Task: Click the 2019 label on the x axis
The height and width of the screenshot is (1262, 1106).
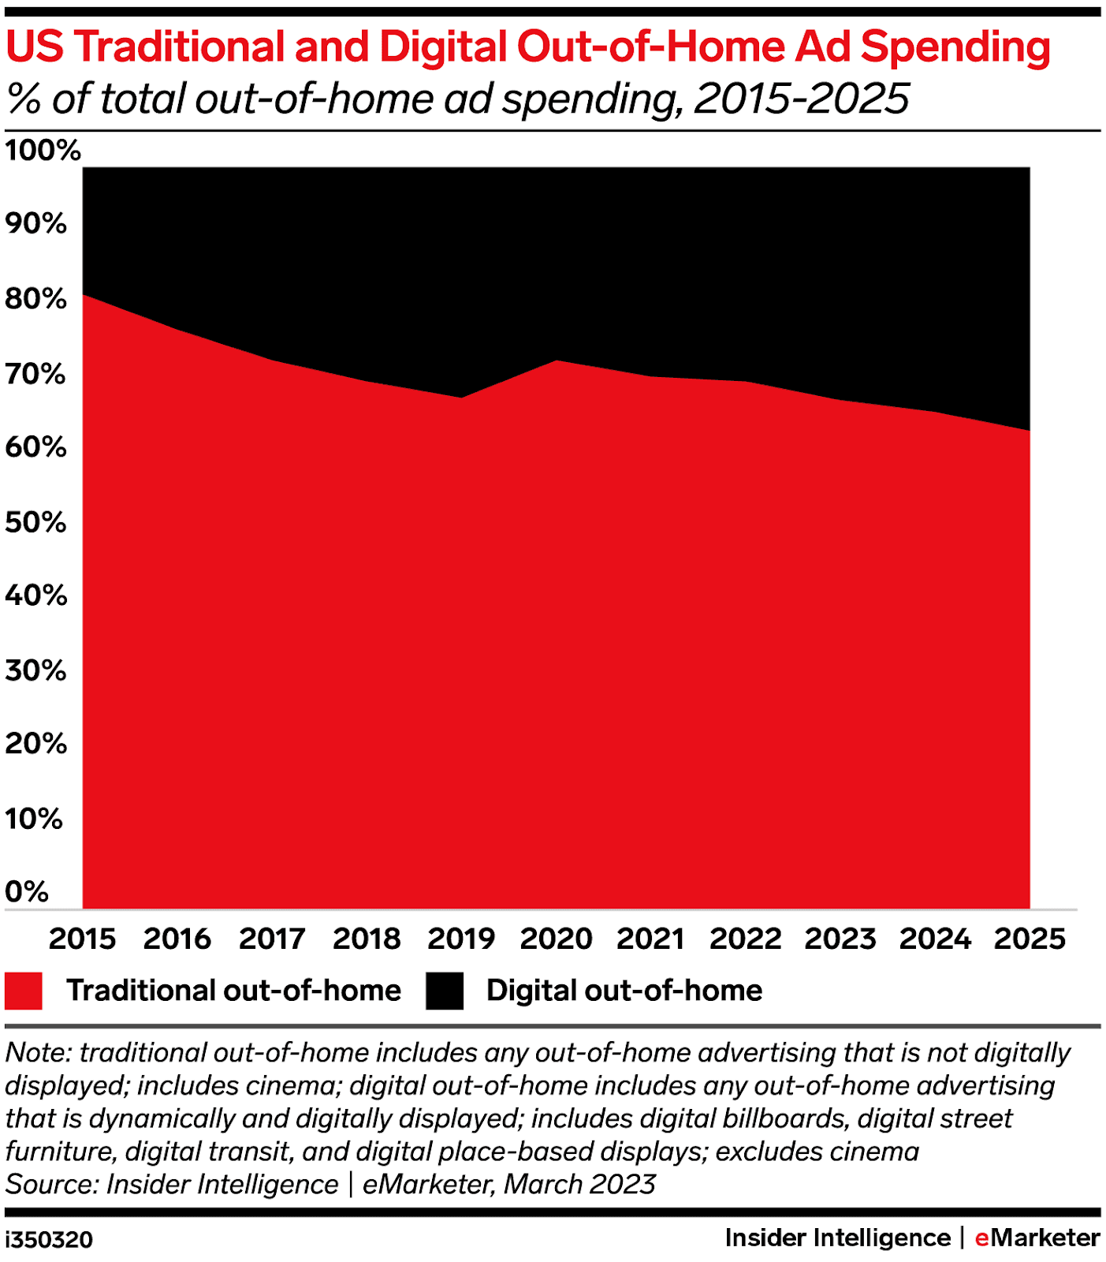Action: (461, 939)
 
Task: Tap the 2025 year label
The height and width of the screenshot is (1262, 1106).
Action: (1030, 939)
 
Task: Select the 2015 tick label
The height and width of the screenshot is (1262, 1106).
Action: (83, 939)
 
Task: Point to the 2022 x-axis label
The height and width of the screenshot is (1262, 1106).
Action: (745, 939)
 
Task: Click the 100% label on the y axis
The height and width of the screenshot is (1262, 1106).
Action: (43, 150)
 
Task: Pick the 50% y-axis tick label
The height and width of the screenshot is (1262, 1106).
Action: (35, 522)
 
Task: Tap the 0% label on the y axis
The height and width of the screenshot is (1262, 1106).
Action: (27, 891)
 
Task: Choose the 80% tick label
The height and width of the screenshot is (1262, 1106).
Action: (35, 299)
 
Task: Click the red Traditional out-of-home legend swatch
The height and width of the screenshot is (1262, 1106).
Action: (24, 991)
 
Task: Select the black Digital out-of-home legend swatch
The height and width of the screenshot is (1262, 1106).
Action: (445, 991)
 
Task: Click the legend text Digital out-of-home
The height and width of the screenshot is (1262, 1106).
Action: (624, 991)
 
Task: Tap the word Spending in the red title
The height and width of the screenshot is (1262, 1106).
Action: (955, 47)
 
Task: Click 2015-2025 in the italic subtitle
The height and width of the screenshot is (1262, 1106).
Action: (802, 99)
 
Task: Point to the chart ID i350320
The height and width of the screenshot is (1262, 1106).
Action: (49, 1239)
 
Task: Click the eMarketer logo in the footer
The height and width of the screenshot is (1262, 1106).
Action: (1037, 1238)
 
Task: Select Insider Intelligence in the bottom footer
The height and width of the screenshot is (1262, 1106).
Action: (837, 1238)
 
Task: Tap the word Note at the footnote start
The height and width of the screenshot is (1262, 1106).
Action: (37, 1053)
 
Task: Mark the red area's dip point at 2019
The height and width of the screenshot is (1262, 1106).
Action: (461, 398)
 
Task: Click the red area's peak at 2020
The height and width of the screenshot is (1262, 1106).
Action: (557, 360)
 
